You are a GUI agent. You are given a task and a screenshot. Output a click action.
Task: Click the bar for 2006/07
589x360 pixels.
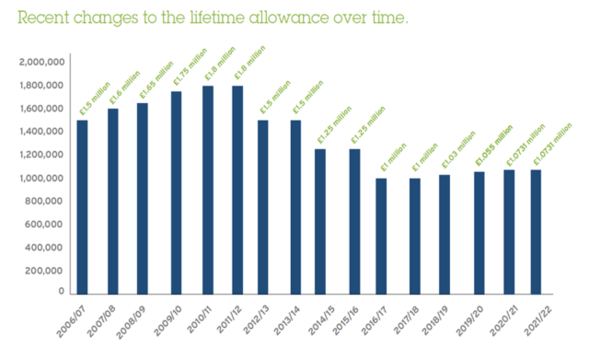click(82, 206)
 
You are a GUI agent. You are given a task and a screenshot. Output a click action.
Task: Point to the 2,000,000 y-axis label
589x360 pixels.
click(40, 62)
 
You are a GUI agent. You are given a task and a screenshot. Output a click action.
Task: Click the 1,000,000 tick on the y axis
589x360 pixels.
click(40, 179)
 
